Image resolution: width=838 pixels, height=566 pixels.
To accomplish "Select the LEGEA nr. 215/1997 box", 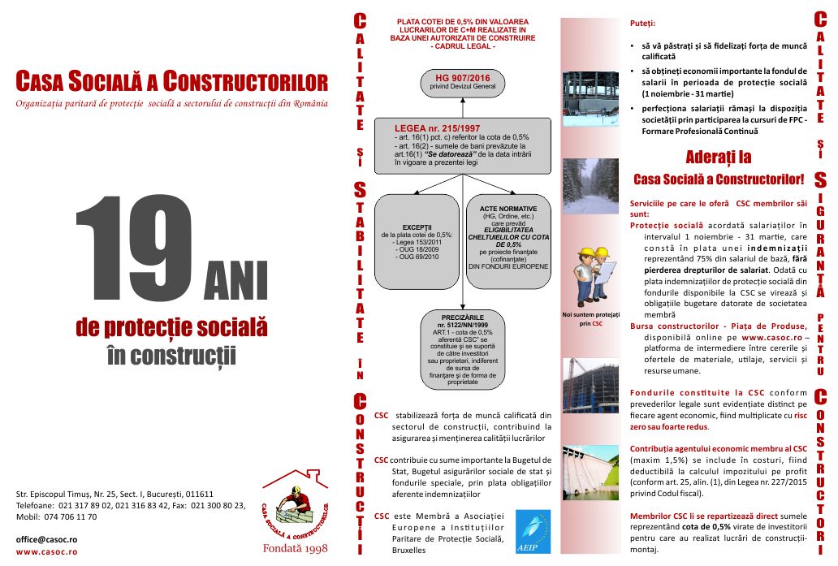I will tap(460, 146).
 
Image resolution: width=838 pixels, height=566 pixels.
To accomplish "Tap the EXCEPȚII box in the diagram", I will tap(416, 241).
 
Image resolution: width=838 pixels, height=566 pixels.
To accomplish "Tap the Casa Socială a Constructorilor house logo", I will tap(298, 508).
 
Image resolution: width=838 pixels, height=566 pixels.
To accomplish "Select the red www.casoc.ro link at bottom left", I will tap(46, 552).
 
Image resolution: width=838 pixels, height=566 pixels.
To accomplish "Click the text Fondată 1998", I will tap(294, 549).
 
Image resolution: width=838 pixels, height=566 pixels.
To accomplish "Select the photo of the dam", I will tap(590, 472).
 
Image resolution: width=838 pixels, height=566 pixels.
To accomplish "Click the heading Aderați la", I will tap(718, 156).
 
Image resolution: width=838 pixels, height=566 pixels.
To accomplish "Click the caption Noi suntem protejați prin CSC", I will tap(591, 318).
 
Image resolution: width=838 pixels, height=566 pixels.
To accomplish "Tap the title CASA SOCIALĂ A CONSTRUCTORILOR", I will tap(172, 83).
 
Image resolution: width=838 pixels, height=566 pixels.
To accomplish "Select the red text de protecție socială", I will tap(171, 328).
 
